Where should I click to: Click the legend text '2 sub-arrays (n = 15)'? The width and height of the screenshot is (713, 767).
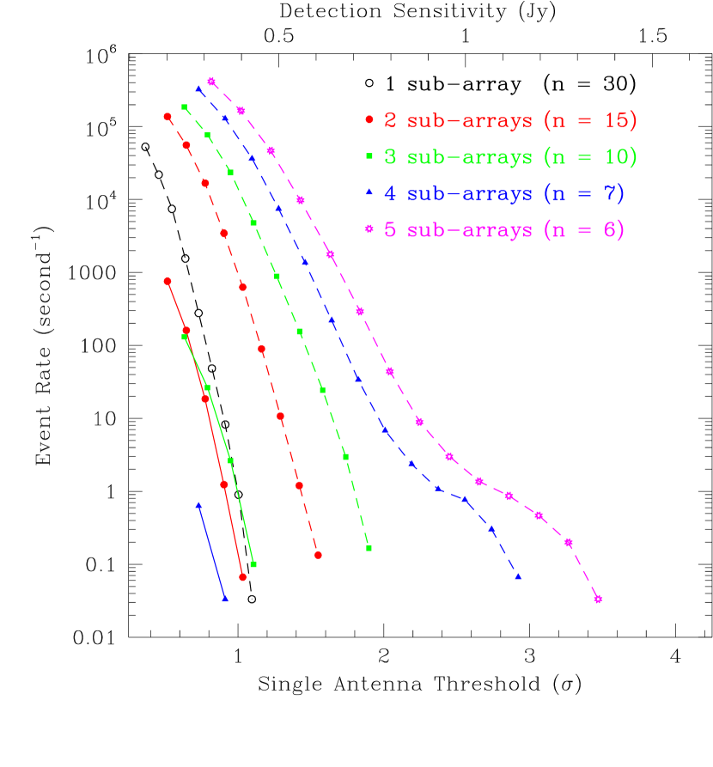coord(510,121)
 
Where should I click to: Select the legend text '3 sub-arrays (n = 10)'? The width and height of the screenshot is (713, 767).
coord(510,157)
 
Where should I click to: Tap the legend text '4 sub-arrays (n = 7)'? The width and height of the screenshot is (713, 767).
coord(504,194)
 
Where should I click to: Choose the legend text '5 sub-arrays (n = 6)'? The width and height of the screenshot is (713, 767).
coord(504,231)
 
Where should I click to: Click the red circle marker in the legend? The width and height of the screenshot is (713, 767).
coord(369,120)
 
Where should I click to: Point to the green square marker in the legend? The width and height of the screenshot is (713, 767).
coord(369,156)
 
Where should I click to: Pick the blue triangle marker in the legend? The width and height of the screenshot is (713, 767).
coord(369,193)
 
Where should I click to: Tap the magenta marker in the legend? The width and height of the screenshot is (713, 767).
coord(369,229)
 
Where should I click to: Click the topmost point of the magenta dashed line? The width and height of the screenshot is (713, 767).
coord(211,82)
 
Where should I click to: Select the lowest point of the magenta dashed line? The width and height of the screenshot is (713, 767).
coord(598,599)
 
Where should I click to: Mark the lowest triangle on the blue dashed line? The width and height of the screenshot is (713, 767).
coord(518,577)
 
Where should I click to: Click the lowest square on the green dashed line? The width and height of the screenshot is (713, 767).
coord(369,548)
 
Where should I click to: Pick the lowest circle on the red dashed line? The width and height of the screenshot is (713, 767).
coord(318,555)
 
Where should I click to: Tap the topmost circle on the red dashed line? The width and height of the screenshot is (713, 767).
coord(168,117)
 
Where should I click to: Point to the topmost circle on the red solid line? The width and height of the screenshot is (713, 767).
coord(168,281)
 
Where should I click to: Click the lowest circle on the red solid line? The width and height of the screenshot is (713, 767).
coord(243,577)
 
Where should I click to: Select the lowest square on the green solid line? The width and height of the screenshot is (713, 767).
coord(253,564)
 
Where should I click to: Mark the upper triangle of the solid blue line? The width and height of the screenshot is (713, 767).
coord(198,505)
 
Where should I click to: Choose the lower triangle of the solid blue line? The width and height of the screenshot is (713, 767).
coord(225,599)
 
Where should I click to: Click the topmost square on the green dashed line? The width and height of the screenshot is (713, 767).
coord(184,107)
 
